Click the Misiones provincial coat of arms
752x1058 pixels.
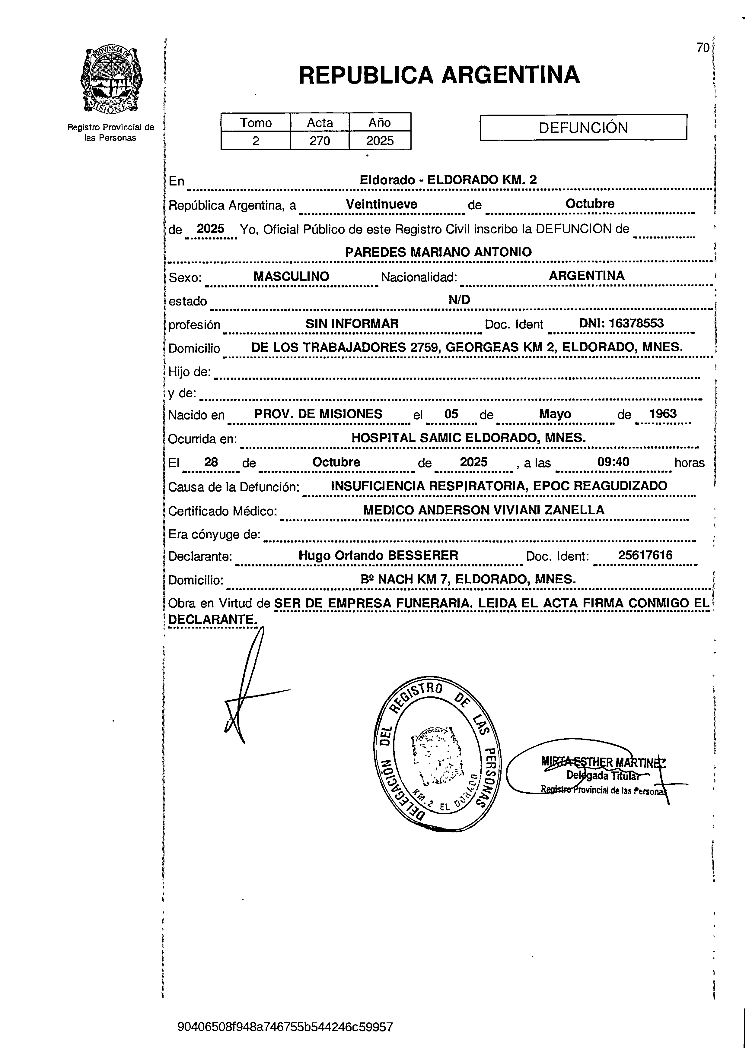pyautogui.click(x=111, y=80)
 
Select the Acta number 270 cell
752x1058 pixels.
pyautogui.click(x=320, y=141)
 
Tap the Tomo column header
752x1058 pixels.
pyautogui.click(x=256, y=123)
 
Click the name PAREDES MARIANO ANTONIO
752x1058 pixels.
pyautogui.click(x=438, y=252)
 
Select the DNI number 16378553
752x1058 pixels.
pyautogui.click(x=636, y=323)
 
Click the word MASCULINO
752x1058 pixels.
pyautogui.click(x=291, y=276)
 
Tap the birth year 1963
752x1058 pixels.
pyautogui.click(x=663, y=414)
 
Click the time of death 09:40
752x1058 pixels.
pyautogui.click(x=613, y=462)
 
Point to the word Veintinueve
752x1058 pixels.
pyautogui.click(x=381, y=204)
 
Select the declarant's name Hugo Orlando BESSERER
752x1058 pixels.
pyautogui.click(x=378, y=555)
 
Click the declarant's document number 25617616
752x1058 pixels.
pyautogui.click(x=645, y=555)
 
